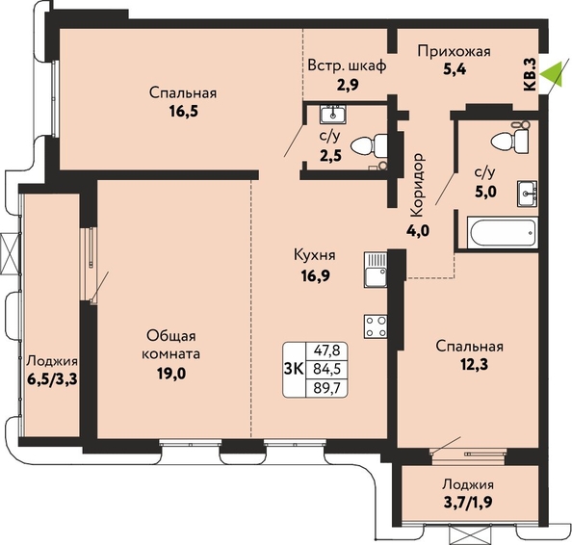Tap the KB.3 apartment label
530,74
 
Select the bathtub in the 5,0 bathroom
502,232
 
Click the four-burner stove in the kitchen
376,326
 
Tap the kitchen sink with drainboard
376,270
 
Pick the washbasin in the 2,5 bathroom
333,115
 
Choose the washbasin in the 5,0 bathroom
527,194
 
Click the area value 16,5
184,112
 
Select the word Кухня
315,255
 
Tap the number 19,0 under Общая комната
171,374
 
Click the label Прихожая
455,51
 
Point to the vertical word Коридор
418,185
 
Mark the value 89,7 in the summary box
326,388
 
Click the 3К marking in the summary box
294,370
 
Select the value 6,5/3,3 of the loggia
53,379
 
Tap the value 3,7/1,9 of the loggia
467,503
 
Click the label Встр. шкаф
347,66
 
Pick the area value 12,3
469,364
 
